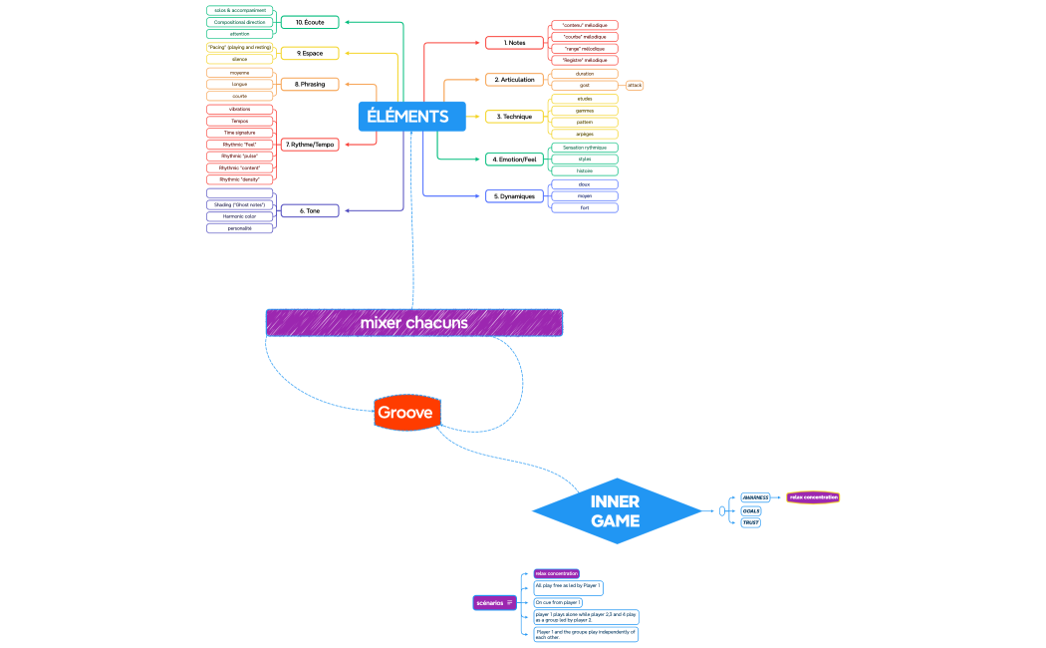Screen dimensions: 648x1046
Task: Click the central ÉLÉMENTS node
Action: pyautogui.click(x=407, y=117)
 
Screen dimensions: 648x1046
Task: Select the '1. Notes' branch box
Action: pyautogui.click(x=515, y=43)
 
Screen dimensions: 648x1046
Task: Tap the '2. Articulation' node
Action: pyautogui.click(x=515, y=80)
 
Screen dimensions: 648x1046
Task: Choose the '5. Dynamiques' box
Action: pyautogui.click(x=515, y=196)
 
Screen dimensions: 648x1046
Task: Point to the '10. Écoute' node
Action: pyautogui.click(x=309, y=22)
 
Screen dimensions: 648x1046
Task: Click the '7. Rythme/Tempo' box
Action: pyautogui.click(x=309, y=145)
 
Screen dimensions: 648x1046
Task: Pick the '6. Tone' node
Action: pyautogui.click(x=309, y=210)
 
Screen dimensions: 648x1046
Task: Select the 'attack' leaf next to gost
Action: pyautogui.click(x=634, y=86)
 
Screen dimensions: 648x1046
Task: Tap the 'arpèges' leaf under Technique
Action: pyautogui.click(x=585, y=134)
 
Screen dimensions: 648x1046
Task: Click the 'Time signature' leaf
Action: pyautogui.click(x=240, y=133)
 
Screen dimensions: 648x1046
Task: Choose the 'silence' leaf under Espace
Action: pyautogui.click(x=240, y=59)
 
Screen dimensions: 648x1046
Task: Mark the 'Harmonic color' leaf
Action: pyautogui.click(x=240, y=215)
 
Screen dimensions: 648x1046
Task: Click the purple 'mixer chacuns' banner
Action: pyautogui.click(x=413, y=323)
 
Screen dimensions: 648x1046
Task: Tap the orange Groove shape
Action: pyautogui.click(x=407, y=412)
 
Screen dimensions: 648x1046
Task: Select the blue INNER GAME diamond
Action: pyautogui.click(x=616, y=511)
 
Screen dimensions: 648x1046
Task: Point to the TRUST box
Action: pyautogui.click(x=750, y=522)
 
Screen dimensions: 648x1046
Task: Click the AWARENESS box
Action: pyautogui.click(x=754, y=497)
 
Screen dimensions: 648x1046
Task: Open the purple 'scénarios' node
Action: pyautogui.click(x=493, y=602)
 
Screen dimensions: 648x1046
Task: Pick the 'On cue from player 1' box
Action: pyautogui.click(x=558, y=602)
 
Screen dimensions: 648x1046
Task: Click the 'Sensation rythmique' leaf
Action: pyautogui.click(x=585, y=147)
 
